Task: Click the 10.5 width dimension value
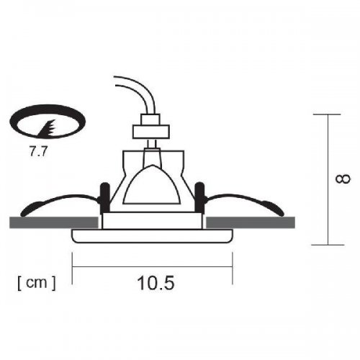[x=155, y=282]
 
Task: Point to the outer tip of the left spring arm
[x=24, y=213]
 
